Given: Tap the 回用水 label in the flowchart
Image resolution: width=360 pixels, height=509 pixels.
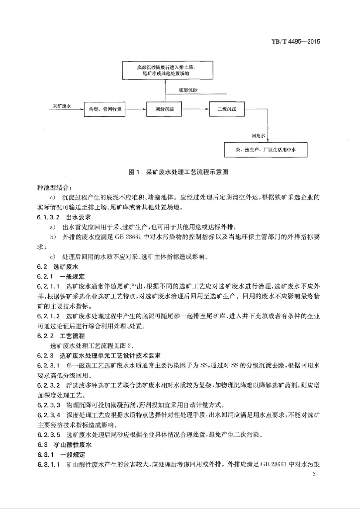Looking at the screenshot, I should coord(259,135).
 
